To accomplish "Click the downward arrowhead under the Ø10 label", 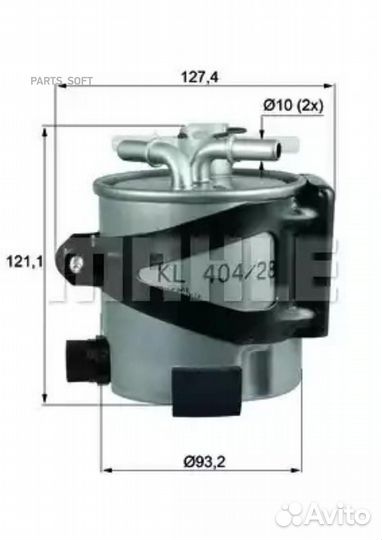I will (x=261, y=136).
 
